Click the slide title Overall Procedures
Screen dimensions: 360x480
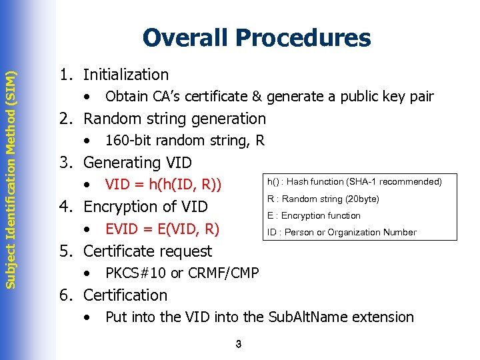256,38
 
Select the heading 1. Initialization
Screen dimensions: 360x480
113,75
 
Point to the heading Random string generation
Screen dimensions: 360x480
174,119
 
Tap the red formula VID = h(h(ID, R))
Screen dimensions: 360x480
163,185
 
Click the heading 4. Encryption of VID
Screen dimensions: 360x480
133,207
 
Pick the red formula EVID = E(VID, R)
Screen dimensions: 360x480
162,229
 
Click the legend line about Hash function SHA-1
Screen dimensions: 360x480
354,181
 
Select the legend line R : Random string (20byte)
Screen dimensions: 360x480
323,199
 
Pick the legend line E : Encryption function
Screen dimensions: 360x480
313,215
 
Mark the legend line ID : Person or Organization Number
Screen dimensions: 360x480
341,232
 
